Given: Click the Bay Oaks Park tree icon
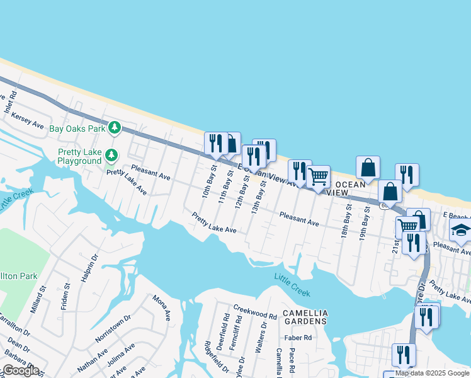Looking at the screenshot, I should [114, 128].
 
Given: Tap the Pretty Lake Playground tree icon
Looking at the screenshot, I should [111, 154].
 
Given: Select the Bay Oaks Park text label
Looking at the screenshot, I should [77, 129].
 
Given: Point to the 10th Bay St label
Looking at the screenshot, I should [207, 181].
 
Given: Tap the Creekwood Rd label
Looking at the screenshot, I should [255, 312].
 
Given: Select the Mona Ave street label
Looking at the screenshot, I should [162, 307].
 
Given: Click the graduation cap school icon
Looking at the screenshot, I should [461, 231].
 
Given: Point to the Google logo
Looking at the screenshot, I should [21, 370].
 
